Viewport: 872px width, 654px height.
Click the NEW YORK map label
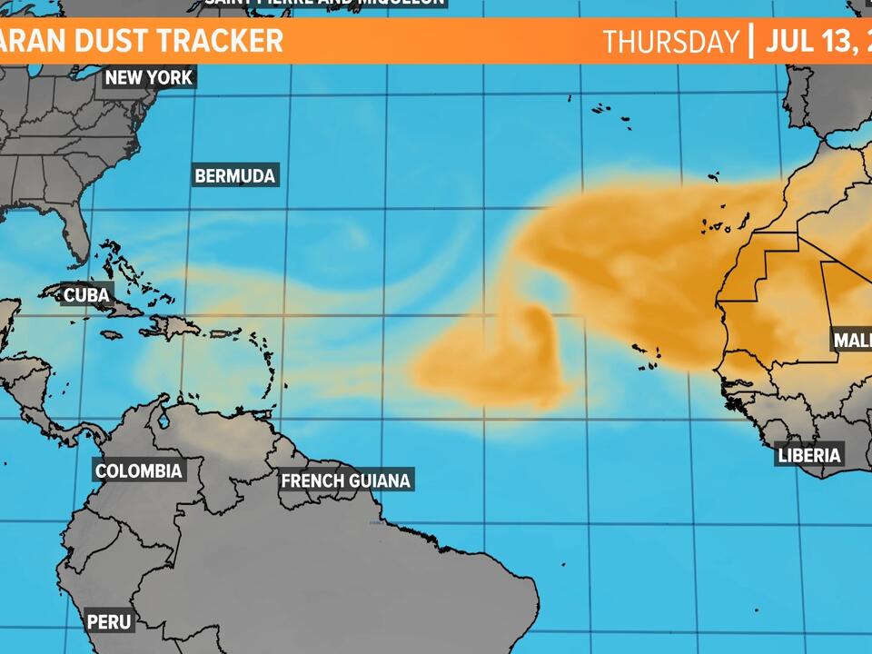pos(149,77)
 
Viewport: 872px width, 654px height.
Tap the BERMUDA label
pos(235,175)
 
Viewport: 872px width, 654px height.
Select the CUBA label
pos(86,295)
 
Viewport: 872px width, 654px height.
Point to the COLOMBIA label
pos(139,471)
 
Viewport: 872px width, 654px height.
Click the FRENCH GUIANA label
pos(346,480)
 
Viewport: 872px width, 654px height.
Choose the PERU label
pos(109,622)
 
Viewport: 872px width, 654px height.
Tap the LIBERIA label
pos(809,455)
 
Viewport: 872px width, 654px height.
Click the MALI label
pos(852,341)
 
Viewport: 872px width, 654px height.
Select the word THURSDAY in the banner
pos(671,42)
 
